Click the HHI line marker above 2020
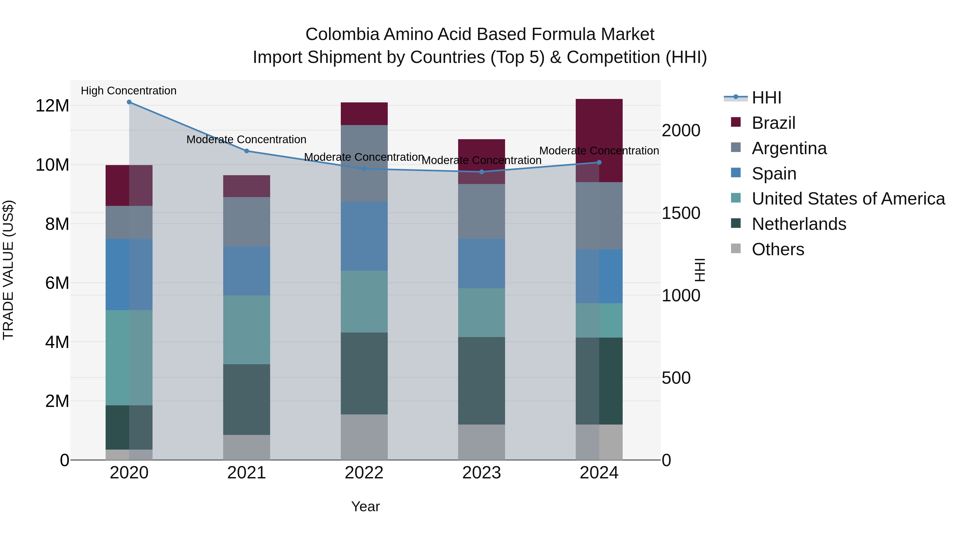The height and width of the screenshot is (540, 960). coord(129,102)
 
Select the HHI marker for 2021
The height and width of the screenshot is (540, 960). coord(246,151)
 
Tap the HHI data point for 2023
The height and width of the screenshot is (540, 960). coord(482,172)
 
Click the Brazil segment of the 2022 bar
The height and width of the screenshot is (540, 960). coord(364,114)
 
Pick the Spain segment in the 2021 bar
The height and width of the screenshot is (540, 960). coord(246,271)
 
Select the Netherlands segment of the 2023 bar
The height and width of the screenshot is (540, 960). coord(482,381)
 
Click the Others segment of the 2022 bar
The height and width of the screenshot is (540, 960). coord(364,437)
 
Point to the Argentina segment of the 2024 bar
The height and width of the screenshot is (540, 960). coord(599,215)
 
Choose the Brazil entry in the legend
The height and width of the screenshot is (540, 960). coord(773,123)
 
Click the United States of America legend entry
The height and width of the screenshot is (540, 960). coord(848,199)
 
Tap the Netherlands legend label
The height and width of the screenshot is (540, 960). coord(799,224)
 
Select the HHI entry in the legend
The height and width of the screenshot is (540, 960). coord(766,98)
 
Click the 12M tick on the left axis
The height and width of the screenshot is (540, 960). coord(52,106)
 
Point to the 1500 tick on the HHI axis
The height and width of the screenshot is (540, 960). coord(681,213)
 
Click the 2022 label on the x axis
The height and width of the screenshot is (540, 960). coord(364,473)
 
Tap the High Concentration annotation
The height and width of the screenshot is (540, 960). coord(129,91)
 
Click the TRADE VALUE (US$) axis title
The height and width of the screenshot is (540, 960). coord(8,270)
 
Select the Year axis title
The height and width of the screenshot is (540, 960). coord(365,506)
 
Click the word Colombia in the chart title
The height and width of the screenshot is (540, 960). coord(342,34)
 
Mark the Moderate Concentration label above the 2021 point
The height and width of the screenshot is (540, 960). coord(246,139)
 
